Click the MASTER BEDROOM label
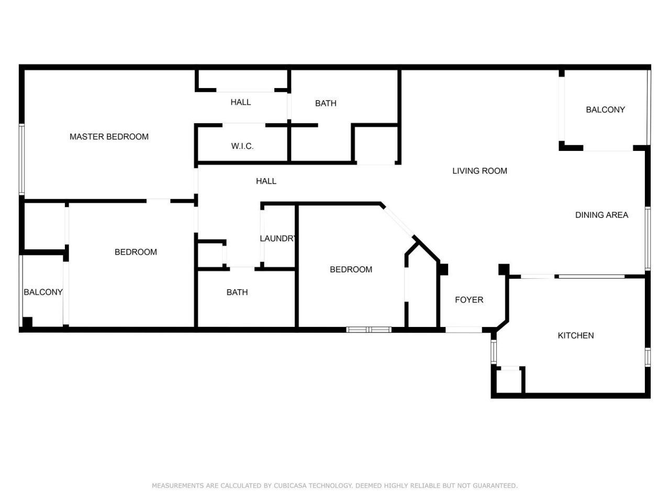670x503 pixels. coord(109,137)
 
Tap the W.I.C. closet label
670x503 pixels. coord(242,146)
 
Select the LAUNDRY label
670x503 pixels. coord(278,238)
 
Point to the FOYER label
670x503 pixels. coord(469,300)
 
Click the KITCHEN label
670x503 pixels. coord(576,335)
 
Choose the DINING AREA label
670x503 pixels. coord(601,215)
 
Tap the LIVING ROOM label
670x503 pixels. coord(479,171)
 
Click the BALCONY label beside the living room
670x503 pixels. coord(605,110)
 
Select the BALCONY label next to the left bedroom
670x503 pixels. coord(43,292)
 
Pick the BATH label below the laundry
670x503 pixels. coord(237,292)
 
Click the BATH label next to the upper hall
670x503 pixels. coord(326,103)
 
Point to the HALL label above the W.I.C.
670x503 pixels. coord(241,102)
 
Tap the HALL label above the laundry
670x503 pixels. coord(266,181)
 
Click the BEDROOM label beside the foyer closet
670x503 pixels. coord(351,269)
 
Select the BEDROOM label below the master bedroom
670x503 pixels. coord(136,252)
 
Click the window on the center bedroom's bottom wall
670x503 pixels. coord(369,330)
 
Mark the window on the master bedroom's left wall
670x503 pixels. coord(22,159)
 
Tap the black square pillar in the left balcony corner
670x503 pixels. coord(27,322)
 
